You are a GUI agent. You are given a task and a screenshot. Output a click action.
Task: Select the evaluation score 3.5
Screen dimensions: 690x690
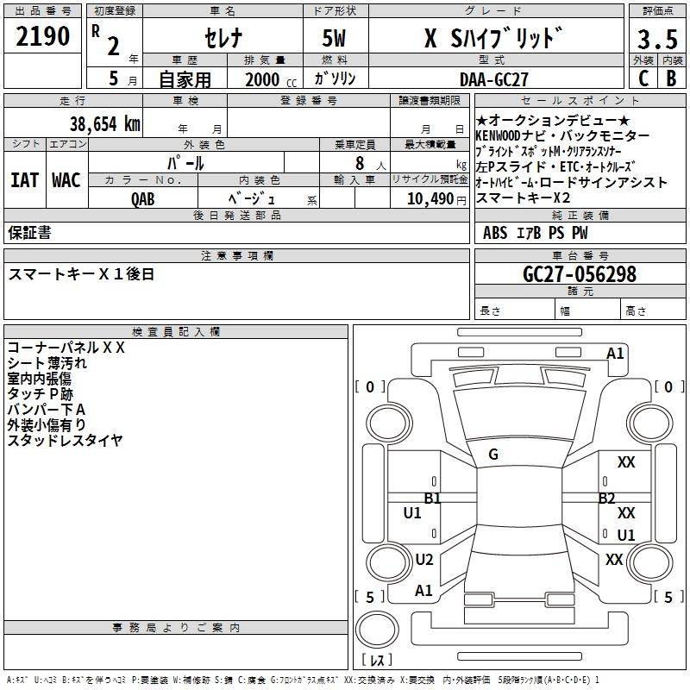(657, 40)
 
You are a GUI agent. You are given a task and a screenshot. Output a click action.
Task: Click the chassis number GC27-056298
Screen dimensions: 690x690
(580, 274)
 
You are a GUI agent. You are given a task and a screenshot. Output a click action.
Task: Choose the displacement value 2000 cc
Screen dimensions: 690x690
(267, 79)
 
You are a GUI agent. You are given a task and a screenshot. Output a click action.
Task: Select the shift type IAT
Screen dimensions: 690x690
(24, 180)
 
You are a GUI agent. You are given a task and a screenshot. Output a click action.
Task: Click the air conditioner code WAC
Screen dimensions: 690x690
(66, 180)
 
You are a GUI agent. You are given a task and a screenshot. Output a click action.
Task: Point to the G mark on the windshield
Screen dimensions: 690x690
(493, 455)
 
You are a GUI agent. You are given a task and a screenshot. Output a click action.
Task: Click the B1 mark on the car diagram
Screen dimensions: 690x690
(432, 498)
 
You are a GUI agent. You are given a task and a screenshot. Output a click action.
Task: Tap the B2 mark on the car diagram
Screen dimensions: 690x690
(607, 498)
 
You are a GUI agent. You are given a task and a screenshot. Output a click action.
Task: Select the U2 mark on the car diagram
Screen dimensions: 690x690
(424, 559)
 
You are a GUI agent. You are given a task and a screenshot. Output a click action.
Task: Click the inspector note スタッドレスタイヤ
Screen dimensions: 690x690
(66, 441)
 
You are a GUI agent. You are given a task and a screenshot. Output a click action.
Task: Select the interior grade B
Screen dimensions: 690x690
(672, 78)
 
